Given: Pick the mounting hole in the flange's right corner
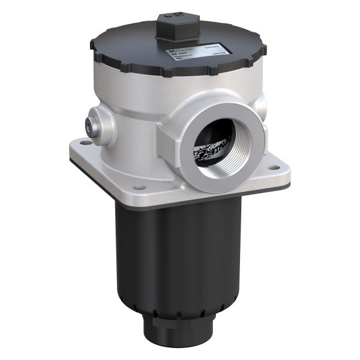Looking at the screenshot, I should click(x=275, y=169).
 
